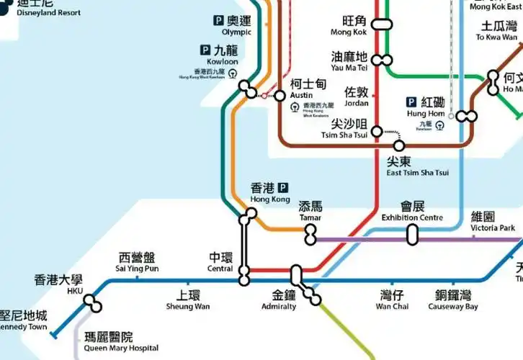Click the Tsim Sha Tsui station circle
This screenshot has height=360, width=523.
click(377, 132)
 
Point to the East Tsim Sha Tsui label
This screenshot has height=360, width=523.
click(417, 166)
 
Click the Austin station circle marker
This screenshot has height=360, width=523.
click(280, 95)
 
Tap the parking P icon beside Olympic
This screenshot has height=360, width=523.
click(218, 21)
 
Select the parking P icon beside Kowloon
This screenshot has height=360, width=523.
click(206, 50)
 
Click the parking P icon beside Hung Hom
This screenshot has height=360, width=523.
click(412, 102)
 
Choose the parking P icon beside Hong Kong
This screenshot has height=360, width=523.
click(282, 187)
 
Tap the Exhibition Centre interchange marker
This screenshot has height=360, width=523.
click(413, 235)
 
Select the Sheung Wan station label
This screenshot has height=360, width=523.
click(188, 300)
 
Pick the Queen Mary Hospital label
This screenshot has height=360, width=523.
click(121, 342)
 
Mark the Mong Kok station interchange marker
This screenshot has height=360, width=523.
click(381, 24)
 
